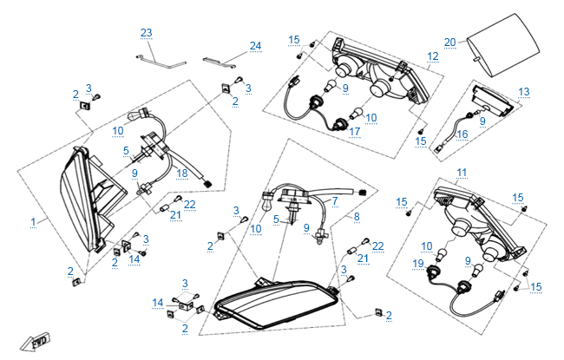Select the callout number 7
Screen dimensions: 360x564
pos(335,200)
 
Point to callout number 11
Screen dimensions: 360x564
pos(462,173)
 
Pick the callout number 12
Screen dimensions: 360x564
pos(433,56)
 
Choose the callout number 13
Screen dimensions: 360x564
pos(523,91)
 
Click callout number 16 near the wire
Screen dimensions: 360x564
pos(462,134)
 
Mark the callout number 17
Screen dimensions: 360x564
pos(355,131)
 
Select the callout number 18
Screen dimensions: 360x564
pos(181,173)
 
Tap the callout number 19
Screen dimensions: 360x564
pos(418,263)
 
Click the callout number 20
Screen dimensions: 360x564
pos(449,42)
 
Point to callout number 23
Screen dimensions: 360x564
pos(147,33)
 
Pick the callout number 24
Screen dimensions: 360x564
pos(255,45)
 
